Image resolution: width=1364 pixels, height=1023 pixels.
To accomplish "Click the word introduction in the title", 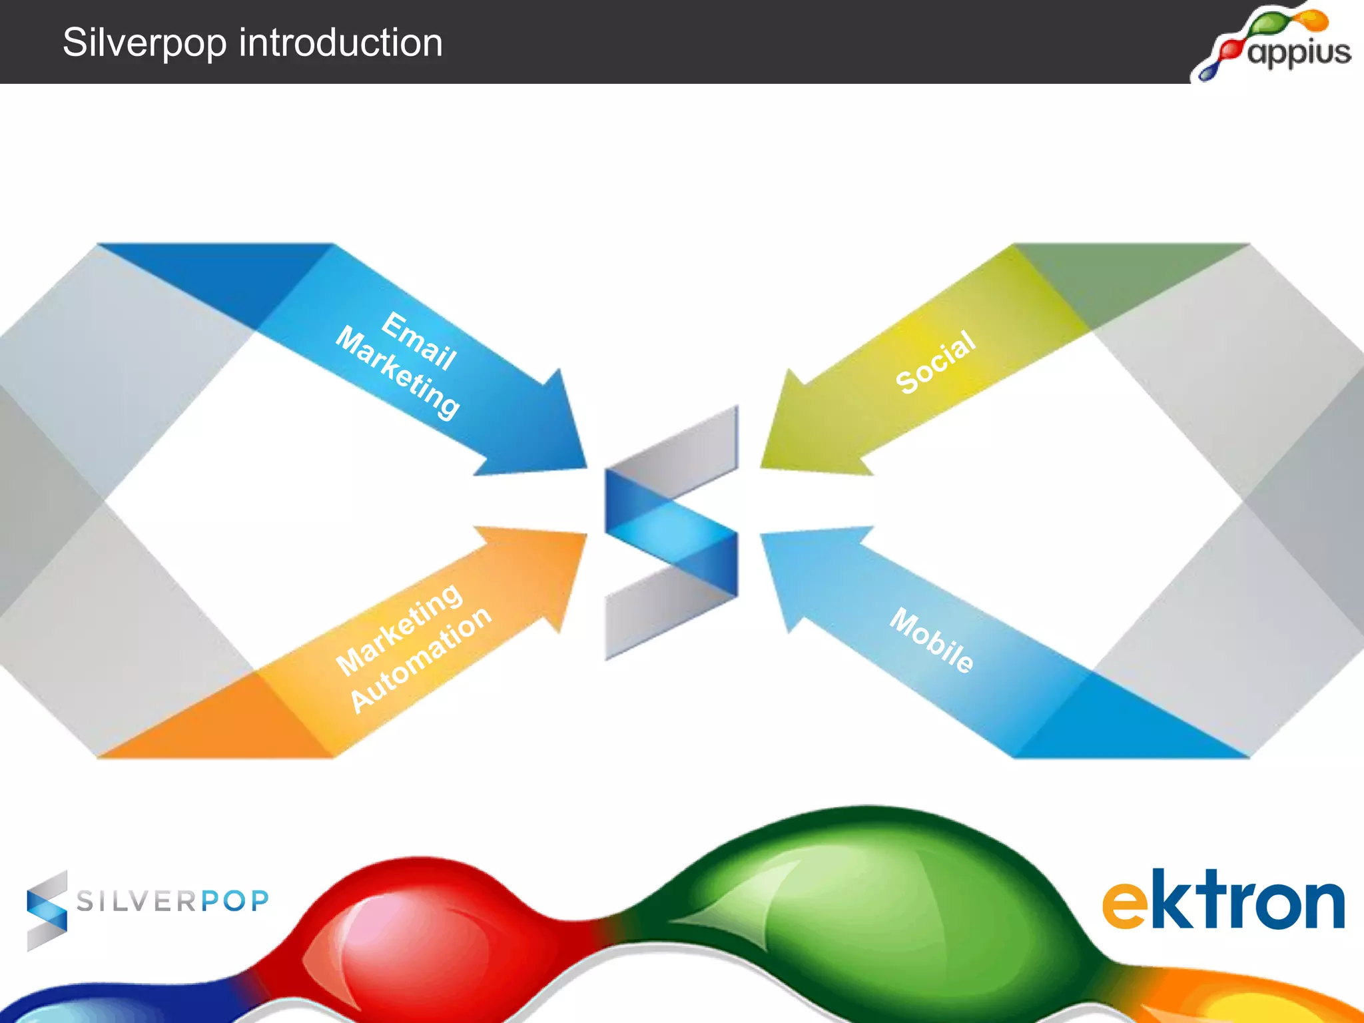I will point(340,43).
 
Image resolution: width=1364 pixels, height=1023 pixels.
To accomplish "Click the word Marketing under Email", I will point(398,374).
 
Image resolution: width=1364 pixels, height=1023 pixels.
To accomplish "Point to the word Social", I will point(936,362).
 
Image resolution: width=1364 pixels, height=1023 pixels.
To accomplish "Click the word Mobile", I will point(932,641).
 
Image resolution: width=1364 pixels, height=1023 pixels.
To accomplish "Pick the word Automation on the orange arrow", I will point(421,659).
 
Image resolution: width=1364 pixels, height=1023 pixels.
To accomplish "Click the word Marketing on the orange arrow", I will point(399,629).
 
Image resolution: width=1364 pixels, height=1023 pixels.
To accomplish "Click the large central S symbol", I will point(671,533).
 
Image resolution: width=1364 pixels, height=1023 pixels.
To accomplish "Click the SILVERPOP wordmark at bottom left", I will point(172,901).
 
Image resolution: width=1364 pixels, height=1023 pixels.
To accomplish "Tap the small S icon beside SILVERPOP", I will point(47,910).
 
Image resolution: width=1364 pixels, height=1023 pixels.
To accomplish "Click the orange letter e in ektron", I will point(1126,906).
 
